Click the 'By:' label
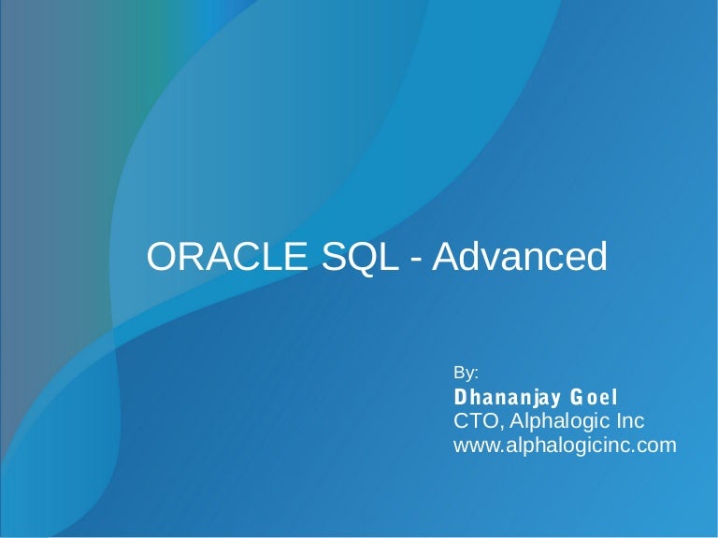click(466, 373)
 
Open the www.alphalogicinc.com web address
click(564, 446)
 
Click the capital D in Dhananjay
click(460, 397)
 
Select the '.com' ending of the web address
click(655, 446)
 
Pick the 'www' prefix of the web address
click(473, 446)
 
